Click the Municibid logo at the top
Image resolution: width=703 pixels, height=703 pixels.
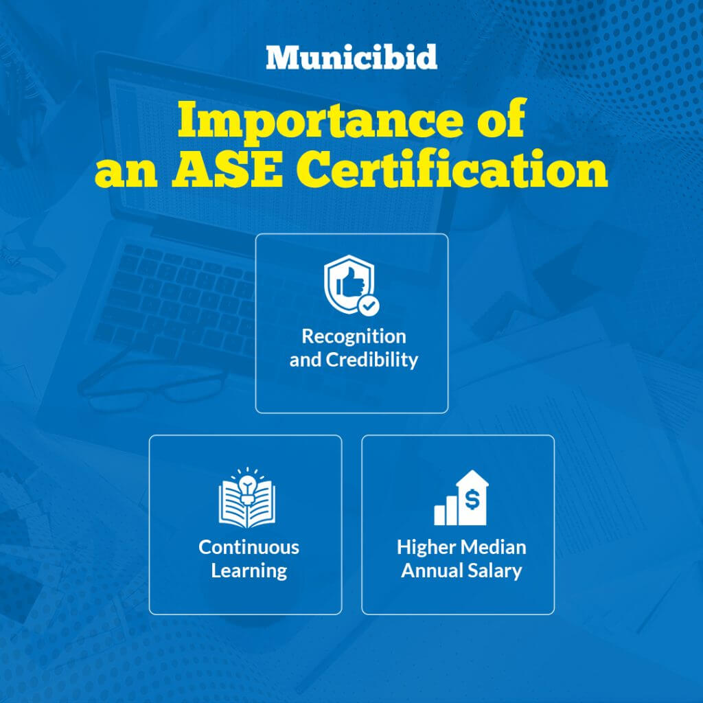coord(351,57)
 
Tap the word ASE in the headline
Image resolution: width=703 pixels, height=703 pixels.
coord(227,169)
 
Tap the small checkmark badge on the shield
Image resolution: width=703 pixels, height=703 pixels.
coord(369,306)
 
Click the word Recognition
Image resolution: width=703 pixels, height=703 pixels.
coord(354,336)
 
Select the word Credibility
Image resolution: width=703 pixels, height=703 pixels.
coord(372,360)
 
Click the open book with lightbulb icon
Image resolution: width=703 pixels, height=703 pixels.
coord(247,498)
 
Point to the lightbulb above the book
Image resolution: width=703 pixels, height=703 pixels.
coord(247,487)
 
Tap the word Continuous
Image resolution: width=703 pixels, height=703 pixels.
coord(249,547)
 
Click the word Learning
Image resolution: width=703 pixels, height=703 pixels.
coord(249,571)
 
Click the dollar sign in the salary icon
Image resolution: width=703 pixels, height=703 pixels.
coord(472,499)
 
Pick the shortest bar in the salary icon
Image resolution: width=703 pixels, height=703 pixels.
coord(439,515)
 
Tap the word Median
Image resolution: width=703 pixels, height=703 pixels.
coord(493,547)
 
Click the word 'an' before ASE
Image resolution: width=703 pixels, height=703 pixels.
coord(126,174)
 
